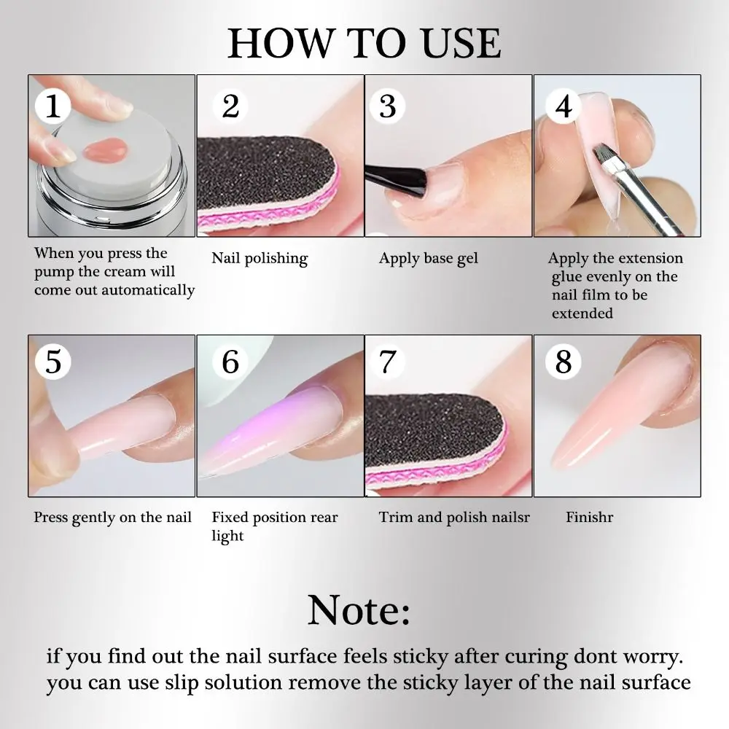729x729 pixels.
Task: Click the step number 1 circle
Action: (x=52, y=107)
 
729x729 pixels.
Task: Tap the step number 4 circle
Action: (x=564, y=107)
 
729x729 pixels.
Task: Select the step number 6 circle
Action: (x=230, y=361)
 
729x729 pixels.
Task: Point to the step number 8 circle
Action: (x=564, y=361)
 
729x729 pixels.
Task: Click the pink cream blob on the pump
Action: (x=102, y=150)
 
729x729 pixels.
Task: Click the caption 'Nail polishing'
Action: (x=260, y=258)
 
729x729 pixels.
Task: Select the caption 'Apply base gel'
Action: (x=429, y=258)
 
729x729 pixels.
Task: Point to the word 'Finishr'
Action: (x=589, y=518)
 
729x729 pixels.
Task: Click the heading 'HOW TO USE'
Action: (x=364, y=44)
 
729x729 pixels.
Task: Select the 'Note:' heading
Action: (x=359, y=611)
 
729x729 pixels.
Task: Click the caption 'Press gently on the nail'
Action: (x=112, y=518)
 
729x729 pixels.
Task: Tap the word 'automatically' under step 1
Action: (x=148, y=290)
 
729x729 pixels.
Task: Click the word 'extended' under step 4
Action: (x=582, y=313)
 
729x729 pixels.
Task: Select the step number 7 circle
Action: (x=387, y=361)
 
